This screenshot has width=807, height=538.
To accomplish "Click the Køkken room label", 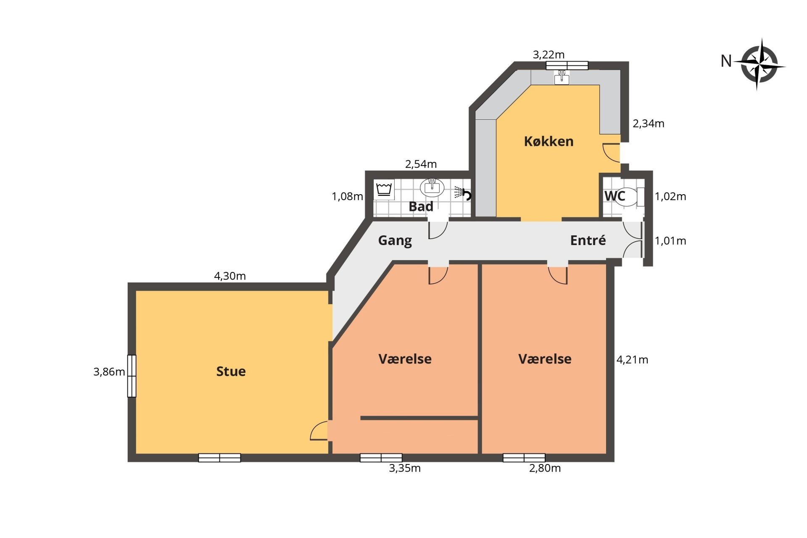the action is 549,141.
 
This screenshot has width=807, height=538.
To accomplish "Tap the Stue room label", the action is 231,371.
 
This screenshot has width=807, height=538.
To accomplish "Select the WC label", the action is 614,196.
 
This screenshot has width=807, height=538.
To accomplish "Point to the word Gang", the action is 395,241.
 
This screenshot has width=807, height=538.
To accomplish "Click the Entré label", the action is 588,240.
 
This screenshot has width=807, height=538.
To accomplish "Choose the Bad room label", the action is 421,206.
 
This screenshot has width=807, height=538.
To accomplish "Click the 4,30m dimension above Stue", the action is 230,276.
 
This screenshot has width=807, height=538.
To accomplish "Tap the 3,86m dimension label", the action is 109,372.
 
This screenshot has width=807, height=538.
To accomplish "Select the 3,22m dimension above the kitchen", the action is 549,55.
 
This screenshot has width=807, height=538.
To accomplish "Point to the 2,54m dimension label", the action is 421,164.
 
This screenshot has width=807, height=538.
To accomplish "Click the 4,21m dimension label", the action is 632,360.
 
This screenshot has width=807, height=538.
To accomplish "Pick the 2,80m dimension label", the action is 545,468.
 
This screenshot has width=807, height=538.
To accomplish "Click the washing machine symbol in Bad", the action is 384,190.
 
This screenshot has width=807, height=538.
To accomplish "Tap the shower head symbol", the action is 462,193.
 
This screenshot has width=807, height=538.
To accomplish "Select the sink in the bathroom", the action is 432,187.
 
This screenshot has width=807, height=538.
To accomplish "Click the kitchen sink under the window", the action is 562,77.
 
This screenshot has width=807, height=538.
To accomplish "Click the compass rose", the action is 759,64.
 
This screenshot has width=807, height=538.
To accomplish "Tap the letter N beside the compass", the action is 726,61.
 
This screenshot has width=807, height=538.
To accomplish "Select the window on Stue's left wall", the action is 132,376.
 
